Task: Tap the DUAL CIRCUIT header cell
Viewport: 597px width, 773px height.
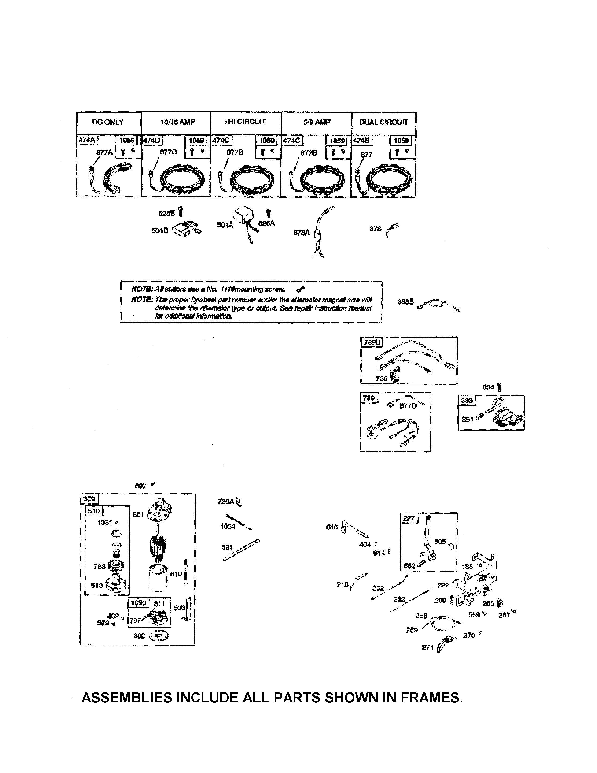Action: click(384, 123)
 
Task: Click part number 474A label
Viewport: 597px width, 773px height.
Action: click(87, 140)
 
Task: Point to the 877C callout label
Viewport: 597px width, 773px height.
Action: click(168, 152)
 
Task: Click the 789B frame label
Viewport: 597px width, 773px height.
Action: click(372, 342)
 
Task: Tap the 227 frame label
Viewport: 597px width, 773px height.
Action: click(409, 518)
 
